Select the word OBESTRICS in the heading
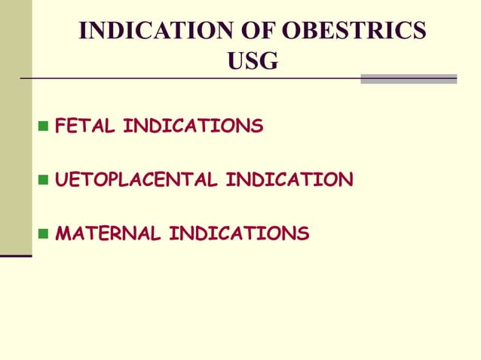coord(352,31)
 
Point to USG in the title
coord(252,62)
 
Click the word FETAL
coord(85,126)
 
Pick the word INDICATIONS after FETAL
coord(193,126)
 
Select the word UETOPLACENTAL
coord(137,180)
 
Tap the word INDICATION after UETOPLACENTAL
coord(290,180)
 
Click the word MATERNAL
coord(108,234)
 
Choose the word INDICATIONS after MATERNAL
coord(239,234)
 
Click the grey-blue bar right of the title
coord(409,78)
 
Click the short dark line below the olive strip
coord(16,257)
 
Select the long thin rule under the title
coord(188,78)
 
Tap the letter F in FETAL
coord(62,126)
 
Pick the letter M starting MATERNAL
coord(64,234)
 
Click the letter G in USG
coord(268,62)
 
